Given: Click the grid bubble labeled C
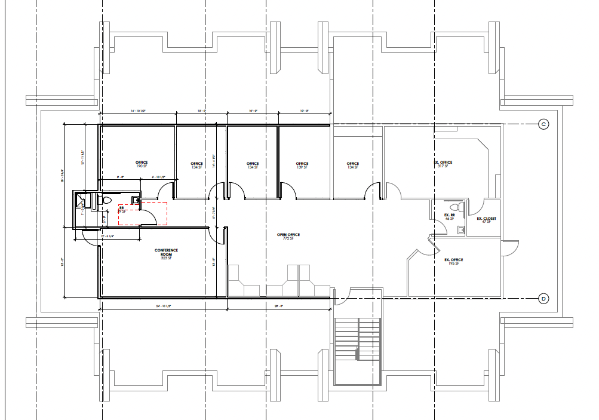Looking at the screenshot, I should pyautogui.click(x=543, y=124).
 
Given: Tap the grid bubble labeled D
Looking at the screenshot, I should pyautogui.click(x=543, y=298).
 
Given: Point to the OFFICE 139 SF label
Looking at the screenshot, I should pyautogui.click(x=302, y=165).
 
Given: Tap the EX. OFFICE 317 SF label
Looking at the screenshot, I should pyautogui.click(x=443, y=164).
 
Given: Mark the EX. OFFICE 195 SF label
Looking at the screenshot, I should pyautogui.click(x=453, y=262).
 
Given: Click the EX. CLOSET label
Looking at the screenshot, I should pyautogui.click(x=486, y=220).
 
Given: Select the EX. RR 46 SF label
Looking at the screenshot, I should pyautogui.click(x=450, y=216).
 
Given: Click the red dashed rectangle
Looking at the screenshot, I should pyautogui.click(x=142, y=213).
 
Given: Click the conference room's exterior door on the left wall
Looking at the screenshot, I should pyautogui.click(x=90, y=238).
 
